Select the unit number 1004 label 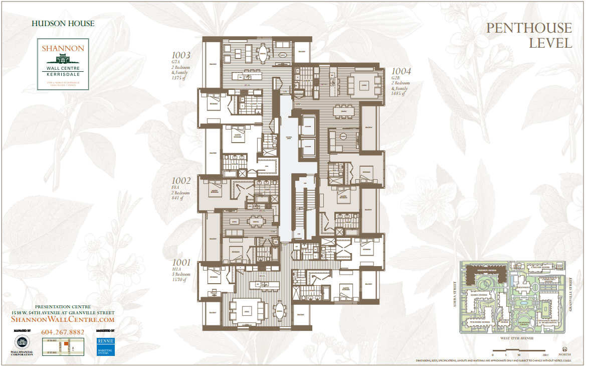coord(401,71)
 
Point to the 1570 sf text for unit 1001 coord(180,280)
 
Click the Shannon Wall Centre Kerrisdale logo coord(63,64)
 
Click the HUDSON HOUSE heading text coord(63,23)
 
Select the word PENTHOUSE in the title coord(529,28)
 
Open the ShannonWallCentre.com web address coord(63,319)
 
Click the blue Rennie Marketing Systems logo coord(106,346)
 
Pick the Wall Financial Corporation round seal coord(22,342)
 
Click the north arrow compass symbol coord(565,350)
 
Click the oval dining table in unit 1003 coord(263,53)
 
